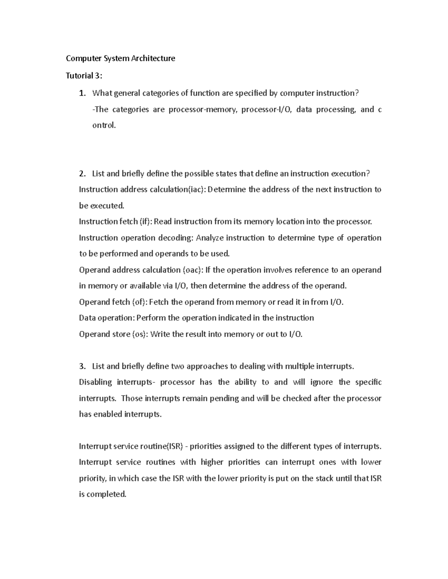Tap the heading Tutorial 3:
click(x=84, y=76)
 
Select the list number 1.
click(x=82, y=93)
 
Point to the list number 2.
click(x=82, y=174)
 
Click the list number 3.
click(x=82, y=366)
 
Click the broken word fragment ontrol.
click(x=104, y=125)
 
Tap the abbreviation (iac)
click(x=196, y=190)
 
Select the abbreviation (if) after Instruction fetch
click(x=146, y=222)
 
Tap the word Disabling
click(x=95, y=382)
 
